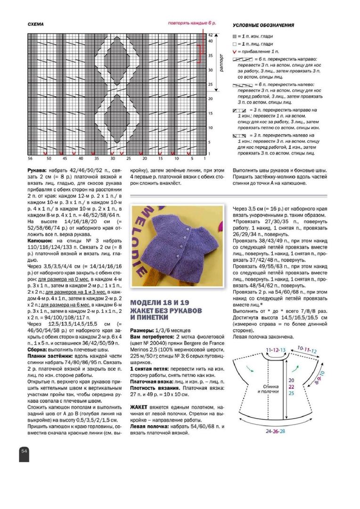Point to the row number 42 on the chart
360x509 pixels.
pos(211,34)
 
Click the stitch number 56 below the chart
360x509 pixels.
pos(29,158)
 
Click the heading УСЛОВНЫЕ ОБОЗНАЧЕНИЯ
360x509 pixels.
pos(264,25)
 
